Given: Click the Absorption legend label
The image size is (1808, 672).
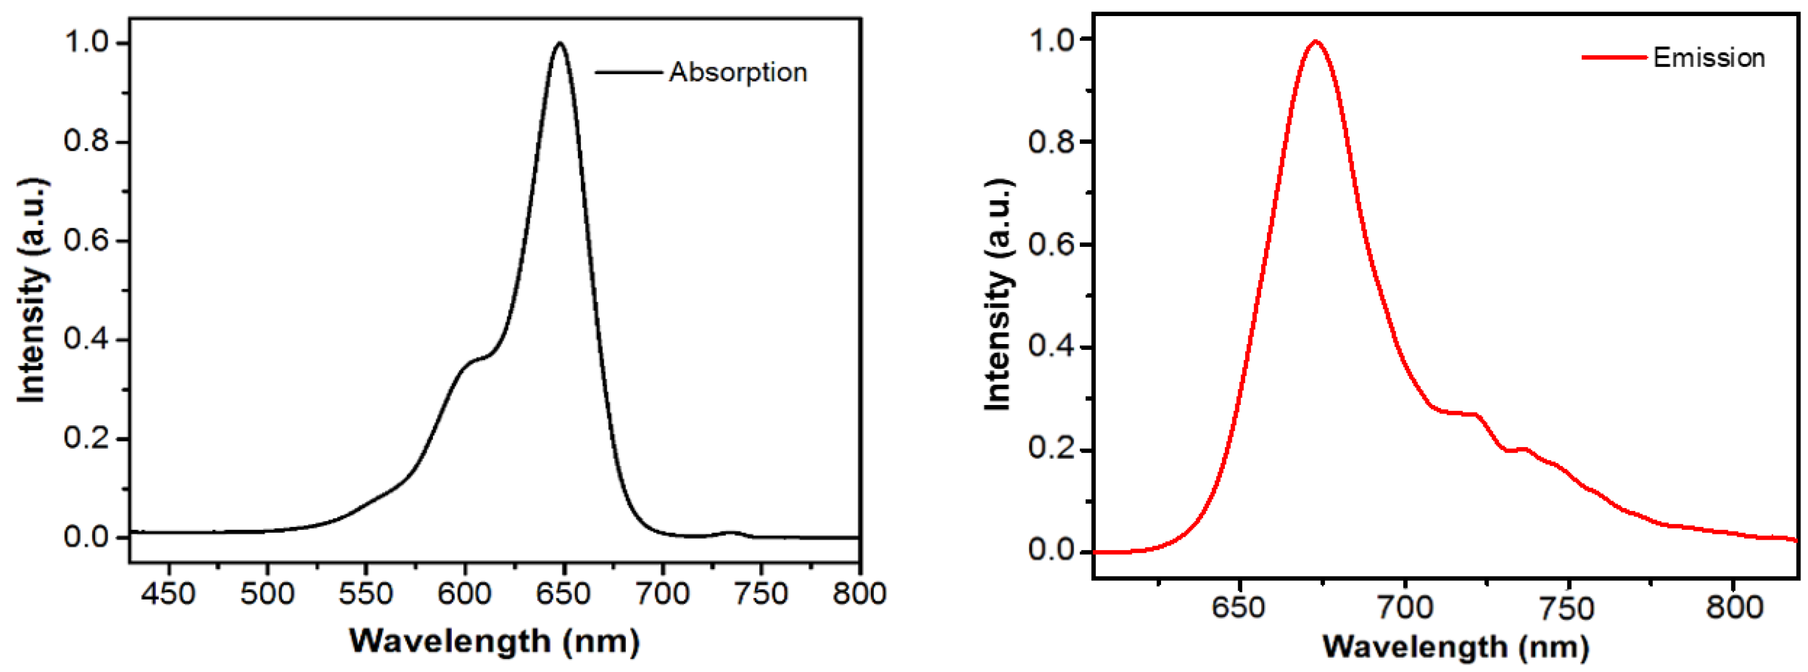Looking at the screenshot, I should (738, 72).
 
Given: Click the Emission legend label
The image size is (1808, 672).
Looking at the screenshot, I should (1709, 58).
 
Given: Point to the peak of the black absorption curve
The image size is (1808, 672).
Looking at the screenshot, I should (559, 44).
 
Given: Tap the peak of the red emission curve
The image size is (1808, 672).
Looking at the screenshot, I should (1315, 41).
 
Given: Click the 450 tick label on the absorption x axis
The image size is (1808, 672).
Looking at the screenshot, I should (168, 595).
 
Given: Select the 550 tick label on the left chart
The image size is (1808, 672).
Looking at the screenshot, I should (366, 595).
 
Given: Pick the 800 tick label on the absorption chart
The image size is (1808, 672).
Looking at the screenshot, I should (859, 595).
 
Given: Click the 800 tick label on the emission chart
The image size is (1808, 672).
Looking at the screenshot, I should (1734, 607).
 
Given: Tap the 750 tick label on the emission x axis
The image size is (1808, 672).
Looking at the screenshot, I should (1567, 607).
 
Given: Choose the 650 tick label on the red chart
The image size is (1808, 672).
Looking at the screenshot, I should (1239, 607).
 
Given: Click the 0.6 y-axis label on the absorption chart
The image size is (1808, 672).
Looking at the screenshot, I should (86, 240).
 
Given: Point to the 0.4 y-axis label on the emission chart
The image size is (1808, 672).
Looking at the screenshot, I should (1050, 348).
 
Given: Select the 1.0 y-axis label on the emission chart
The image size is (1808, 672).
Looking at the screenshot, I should (1050, 39).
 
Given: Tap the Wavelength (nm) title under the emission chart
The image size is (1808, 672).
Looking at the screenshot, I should (1455, 647).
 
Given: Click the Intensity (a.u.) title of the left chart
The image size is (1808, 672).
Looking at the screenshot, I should (32, 291).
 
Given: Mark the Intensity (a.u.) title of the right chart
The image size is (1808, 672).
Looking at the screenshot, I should (998, 295).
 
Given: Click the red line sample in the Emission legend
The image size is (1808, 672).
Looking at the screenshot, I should (1614, 58).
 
